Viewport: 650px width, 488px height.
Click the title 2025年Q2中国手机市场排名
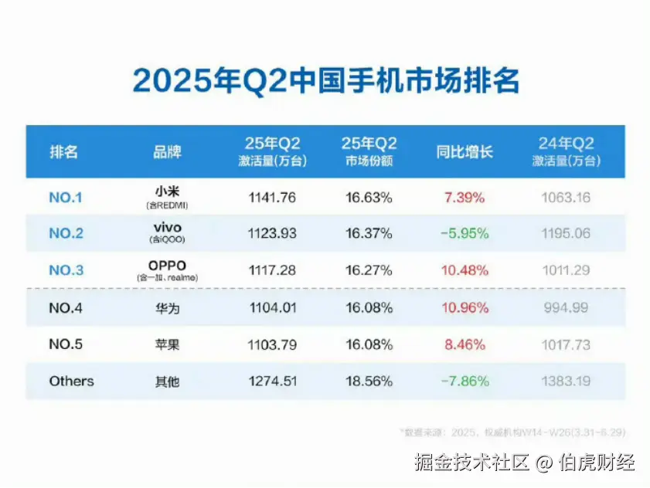click(x=325, y=80)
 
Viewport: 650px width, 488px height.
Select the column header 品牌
click(x=167, y=152)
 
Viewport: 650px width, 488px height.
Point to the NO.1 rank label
click(x=66, y=198)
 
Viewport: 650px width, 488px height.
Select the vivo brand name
click(x=167, y=227)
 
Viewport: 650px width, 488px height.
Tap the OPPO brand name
click(x=167, y=265)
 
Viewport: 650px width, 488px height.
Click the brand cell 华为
click(x=167, y=308)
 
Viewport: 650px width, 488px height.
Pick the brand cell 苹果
click(x=167, y=345)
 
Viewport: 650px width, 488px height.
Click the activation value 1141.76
click(x=272, y=198)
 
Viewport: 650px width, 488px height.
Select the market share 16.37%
click(x=369, y=234)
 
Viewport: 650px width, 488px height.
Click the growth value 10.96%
click(x=465, y=308)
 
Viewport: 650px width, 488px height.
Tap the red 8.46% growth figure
click(x=465, y=345)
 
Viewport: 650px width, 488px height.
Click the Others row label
click(x=71, y=381)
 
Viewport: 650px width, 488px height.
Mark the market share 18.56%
click(x=369, y=381)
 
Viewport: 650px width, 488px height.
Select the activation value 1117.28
click(x=272, y=271)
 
